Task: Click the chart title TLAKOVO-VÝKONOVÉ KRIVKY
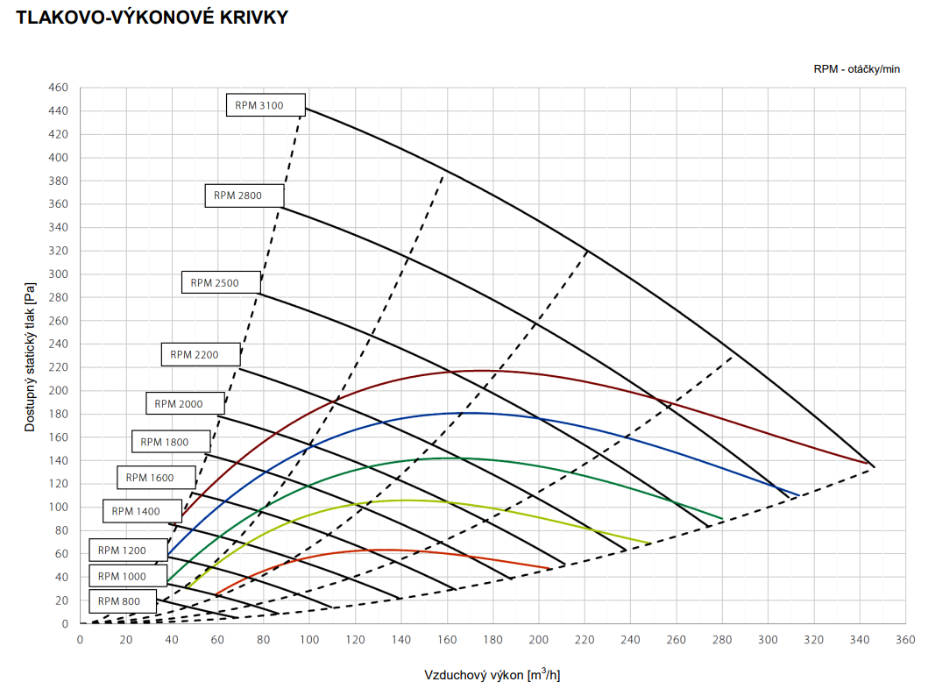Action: (152, 17)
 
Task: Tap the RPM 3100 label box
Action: (266, 105)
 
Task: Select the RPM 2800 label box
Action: (244, 195)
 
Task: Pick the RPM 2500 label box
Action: (221, 282)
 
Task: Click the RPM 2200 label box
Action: (200, 354)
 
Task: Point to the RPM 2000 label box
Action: (185, 403)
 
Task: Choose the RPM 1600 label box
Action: (156, 478)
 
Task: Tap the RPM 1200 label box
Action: (128, 550)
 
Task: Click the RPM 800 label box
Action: (121, 601)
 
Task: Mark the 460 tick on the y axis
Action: (59, 88)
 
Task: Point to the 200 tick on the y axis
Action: (59, 390)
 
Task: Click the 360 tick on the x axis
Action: (905, 639)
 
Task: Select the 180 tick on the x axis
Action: (492, 639)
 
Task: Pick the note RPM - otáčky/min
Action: (856, 69)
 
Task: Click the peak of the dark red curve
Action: (481, 371)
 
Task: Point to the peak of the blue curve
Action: (470, 413)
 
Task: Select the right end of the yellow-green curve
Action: (650, 543)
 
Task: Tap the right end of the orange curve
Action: (551, 568)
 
